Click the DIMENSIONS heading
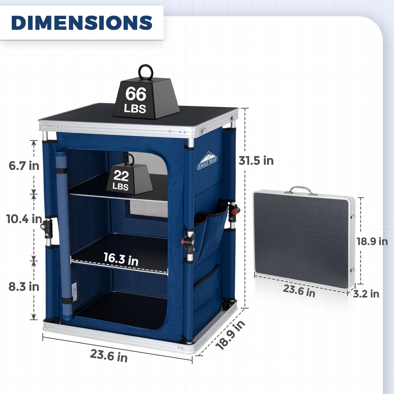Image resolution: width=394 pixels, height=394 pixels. pyautogui.click(x=82, y=23)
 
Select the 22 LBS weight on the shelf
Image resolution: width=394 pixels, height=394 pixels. pyautogui.click(x=129, y=179)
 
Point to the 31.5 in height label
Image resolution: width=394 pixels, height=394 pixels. pyautogui.click(x=256, y=160)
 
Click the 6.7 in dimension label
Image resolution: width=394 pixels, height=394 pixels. pyautogui.click(x=24, y=166)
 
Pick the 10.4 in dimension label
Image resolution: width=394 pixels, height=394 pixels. pyautogui.click(x=24, y=219)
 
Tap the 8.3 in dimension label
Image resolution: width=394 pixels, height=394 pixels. pyautogui.click(x=24, y=287)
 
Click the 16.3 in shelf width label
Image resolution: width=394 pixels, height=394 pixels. pyautogui.click(x=121, y=259)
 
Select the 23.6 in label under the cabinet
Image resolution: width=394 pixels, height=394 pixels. pyautogui.click(x=109, y=356)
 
